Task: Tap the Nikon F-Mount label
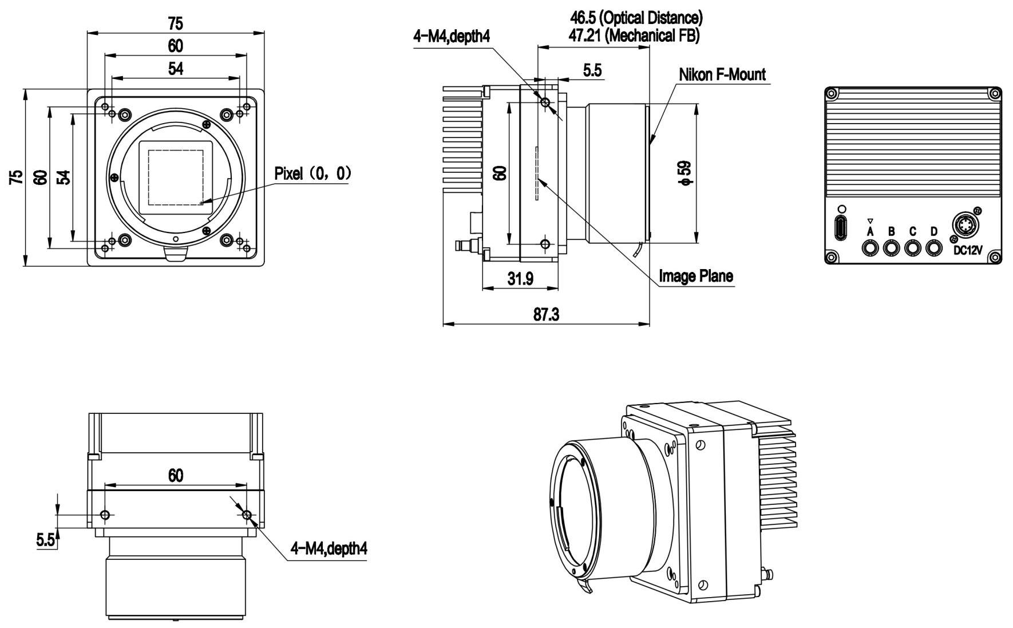point(722,74)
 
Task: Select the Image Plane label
point(695,277)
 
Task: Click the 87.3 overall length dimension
point(546,314)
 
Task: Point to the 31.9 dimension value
point(520,279)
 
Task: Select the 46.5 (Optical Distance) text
point(635,18)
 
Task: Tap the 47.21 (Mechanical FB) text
point(634,35)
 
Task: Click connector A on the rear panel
point(870,248)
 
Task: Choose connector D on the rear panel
point(934,248)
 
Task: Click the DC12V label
point(967,251)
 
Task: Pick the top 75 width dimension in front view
point(175,23)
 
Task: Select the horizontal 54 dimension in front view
point(175,69)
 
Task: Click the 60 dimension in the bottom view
point(175,475)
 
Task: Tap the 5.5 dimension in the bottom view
point(45,539)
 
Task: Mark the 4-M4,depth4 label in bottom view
point(329,548)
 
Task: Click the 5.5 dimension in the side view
point(592,70)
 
